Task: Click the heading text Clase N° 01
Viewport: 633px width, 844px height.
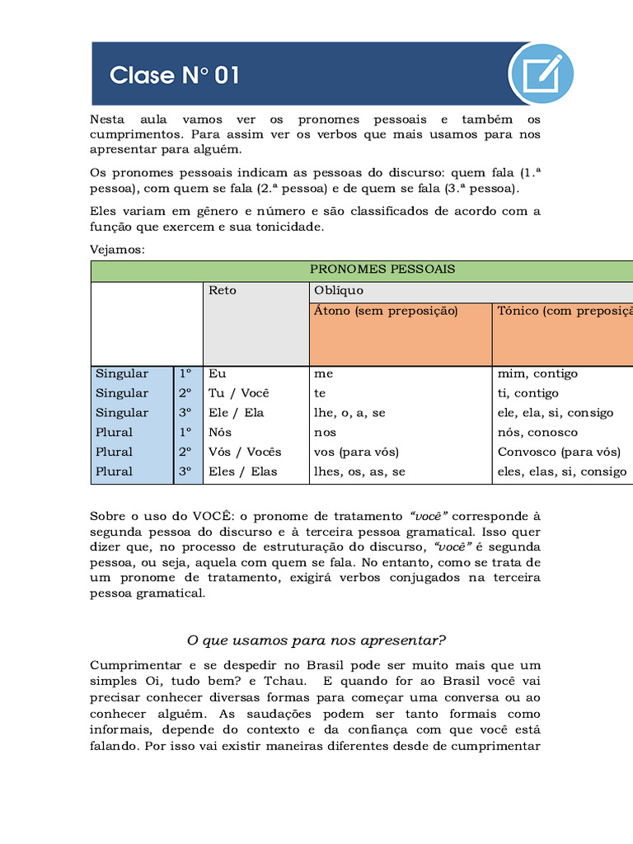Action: [175, 76]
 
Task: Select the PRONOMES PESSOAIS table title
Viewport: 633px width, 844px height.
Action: [382, 270]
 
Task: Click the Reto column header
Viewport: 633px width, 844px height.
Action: [223, 291]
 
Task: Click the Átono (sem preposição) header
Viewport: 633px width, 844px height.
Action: [386, 311]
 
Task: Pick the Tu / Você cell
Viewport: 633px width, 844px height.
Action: [239, 393]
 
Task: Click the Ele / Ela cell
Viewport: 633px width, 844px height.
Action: [237, 413]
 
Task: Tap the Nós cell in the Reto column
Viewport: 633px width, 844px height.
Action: [221, 433]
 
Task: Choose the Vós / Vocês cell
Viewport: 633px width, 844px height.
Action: [245, 452]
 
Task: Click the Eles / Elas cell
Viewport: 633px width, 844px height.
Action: [243, 472]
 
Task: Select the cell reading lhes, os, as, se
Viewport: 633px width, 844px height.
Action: [359, 472]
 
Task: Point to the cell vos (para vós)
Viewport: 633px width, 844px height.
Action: [356, 452]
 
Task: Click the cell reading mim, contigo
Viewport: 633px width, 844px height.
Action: [537, 374]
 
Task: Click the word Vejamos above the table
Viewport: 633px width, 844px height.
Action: [117, 249]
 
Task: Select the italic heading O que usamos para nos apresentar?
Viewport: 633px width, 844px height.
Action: [316, 640]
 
